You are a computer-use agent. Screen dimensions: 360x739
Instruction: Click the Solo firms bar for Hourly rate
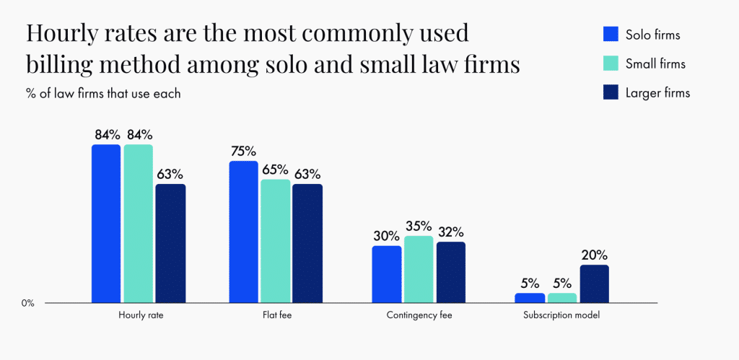click(106, 224)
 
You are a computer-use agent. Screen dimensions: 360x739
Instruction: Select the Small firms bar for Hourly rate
click(139, 224)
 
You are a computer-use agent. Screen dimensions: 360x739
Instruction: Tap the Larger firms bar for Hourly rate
click(171, 243)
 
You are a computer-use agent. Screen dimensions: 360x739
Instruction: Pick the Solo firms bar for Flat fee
click(243, 232)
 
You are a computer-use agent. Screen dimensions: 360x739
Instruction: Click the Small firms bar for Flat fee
click(276, 241)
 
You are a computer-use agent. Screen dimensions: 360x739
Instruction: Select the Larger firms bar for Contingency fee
click(451, 272)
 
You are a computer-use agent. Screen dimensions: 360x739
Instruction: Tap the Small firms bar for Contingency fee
click(419, 269)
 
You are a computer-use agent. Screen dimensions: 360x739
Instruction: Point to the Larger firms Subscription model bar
click(594, 284)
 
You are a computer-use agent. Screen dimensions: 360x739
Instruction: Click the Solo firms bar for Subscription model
click(530, 297)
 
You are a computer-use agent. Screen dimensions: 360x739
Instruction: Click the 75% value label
click(244, 151)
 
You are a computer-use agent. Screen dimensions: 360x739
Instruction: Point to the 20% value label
click(595, 255)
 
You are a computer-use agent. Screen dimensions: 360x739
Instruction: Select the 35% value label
click(419, 225)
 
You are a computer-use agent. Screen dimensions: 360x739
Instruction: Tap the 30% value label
click(387, 235)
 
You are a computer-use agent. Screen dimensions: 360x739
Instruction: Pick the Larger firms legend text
click(657, 93)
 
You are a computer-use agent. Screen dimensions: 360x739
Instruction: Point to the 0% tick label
click(27, 303)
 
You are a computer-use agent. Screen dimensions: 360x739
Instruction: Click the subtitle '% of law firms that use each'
click(102, 94)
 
